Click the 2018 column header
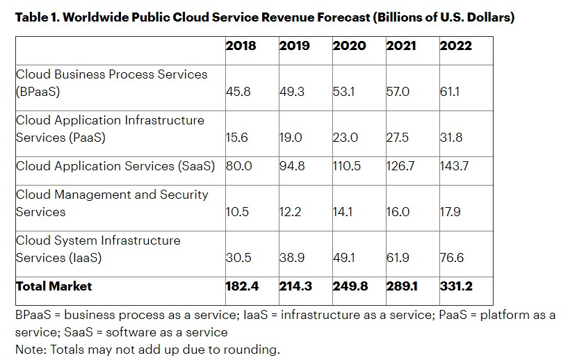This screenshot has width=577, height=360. (241, 46)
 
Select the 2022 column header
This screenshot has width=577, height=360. (455, 46)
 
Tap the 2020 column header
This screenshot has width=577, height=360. (349, 46)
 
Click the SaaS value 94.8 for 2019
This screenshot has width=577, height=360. (292, 166)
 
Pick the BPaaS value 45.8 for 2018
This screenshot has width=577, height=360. (238, 92)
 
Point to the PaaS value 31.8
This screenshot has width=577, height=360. (451, 138)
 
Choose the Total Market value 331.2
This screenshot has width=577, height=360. (457, 286)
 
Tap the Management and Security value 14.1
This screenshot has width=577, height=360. (343, 212)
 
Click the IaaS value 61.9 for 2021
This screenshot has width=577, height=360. (398, 258)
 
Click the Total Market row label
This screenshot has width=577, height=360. (54, 286)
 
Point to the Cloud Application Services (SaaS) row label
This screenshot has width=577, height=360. (115, 166)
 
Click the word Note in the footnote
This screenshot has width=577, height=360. (29, 349)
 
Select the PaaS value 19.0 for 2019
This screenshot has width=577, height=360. (291, 138)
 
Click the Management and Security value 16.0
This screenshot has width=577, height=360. (398, 212)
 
